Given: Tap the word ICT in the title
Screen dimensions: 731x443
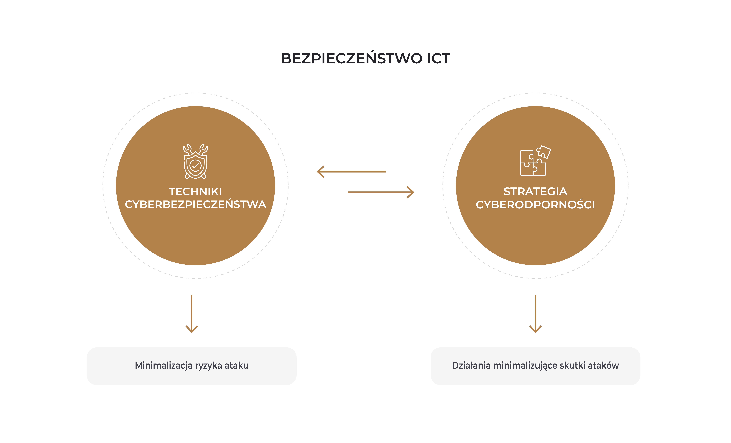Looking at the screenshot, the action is pos(439,58).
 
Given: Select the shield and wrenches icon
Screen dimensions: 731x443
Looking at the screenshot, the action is pos(196,161).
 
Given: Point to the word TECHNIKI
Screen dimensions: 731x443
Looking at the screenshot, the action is pos(196,192).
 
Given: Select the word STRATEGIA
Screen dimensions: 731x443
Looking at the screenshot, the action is pos(535,192).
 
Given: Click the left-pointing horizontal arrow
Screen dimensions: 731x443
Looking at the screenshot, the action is pos(351,172).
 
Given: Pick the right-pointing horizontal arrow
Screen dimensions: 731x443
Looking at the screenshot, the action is pos(381,192).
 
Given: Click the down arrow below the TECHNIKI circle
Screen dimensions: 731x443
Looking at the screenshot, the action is pos(192,314).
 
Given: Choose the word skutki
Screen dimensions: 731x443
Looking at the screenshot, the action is pos(573,366).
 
